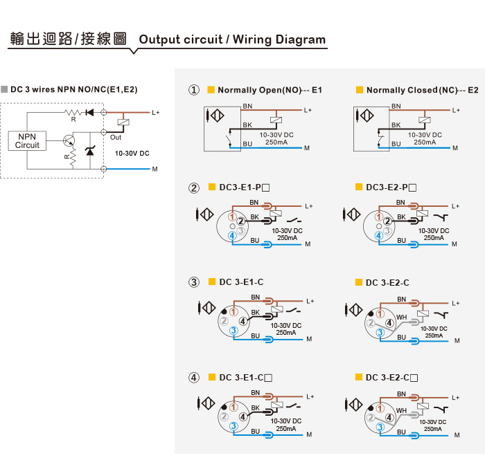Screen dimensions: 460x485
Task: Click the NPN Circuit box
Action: [x=27, y=140]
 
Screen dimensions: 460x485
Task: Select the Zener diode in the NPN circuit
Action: [x=89, y=151]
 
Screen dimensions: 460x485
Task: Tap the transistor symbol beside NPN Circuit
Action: [x=67, y=140]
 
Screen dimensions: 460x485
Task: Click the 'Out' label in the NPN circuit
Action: [x=116, y=137]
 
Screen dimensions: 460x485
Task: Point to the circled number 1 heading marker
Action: [x=194, y=90]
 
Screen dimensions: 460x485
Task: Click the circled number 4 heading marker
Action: [x=194, y=378]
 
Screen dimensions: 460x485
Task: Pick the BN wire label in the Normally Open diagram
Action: [x=247, y=106]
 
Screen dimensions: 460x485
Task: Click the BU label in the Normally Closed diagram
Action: [x=396, y=143]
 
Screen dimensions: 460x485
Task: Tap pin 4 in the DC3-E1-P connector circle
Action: [x=233, y=236]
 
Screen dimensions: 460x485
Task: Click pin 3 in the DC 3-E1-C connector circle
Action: [x=233, y=331]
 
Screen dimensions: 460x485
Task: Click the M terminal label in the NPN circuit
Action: [x=155, y=169]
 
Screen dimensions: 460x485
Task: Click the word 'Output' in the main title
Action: [x=159, y=39]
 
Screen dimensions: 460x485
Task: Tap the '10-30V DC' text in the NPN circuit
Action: [x=132, y=152]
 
